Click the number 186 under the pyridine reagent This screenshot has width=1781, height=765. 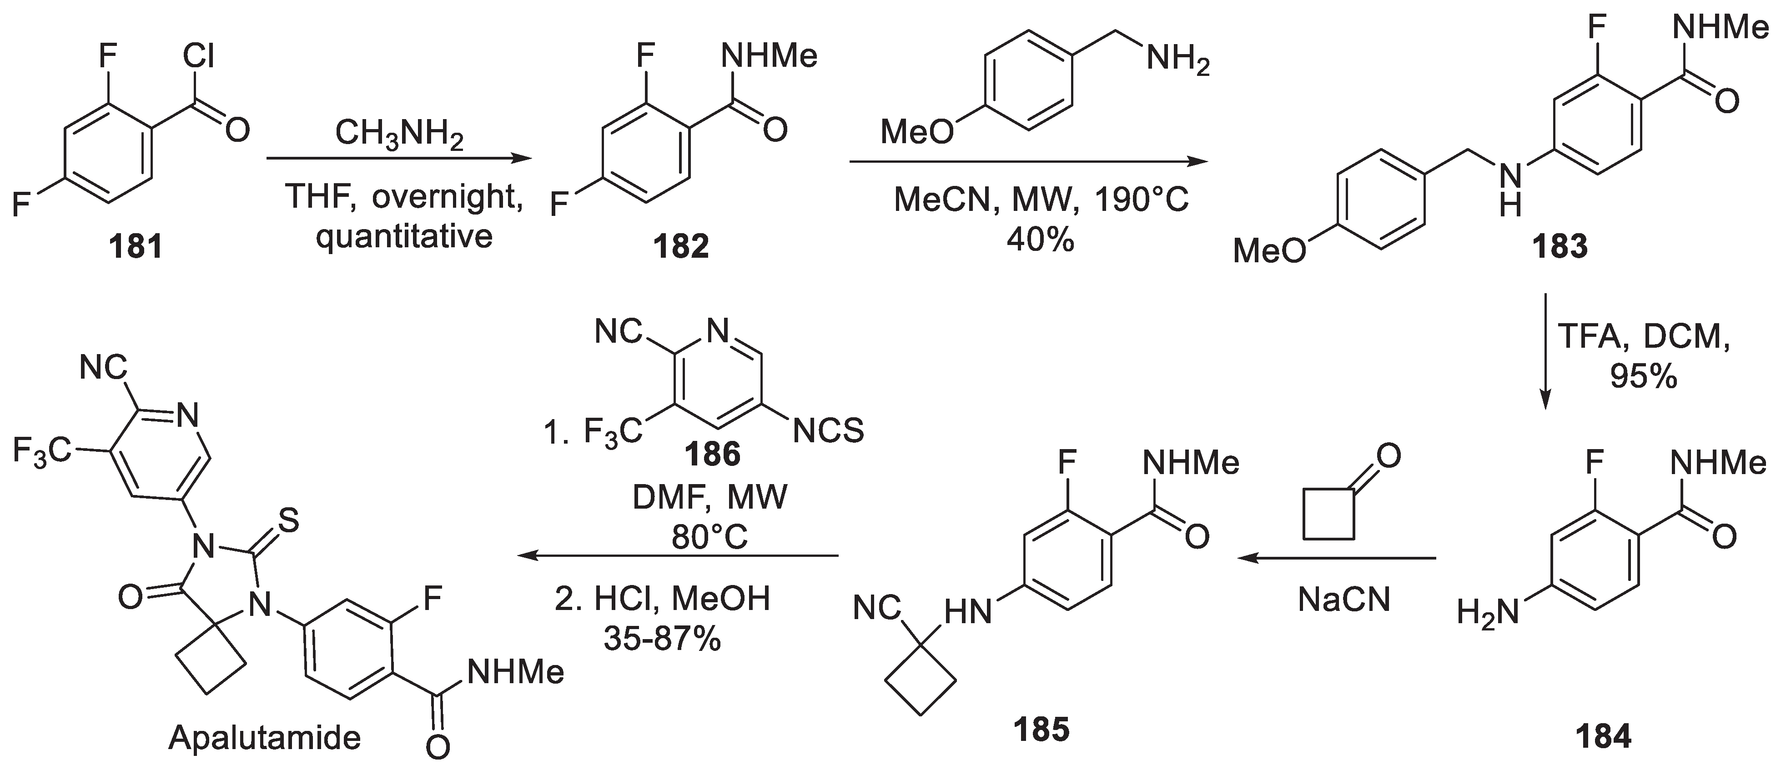[712, 454]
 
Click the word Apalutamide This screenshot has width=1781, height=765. [264, 738]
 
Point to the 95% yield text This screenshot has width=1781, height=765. [1643, 377]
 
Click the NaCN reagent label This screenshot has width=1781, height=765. [1344, 599]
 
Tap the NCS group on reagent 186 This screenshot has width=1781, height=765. [828, 431]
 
